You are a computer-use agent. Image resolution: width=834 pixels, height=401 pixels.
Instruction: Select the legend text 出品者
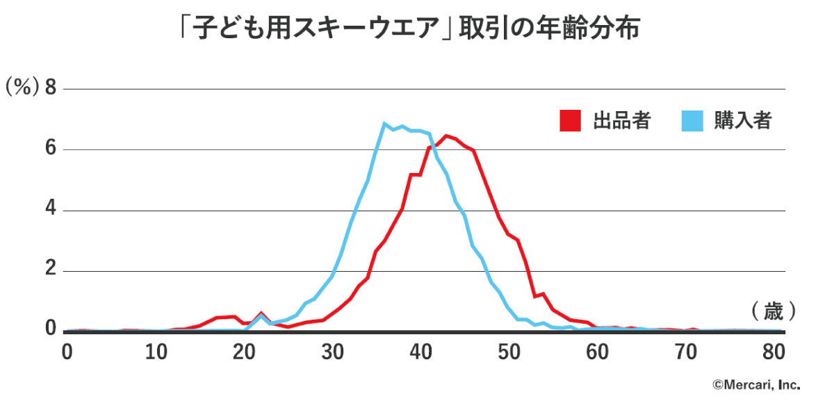(x=621, y=120)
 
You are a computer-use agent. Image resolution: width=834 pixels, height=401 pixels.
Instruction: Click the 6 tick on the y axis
(x=50, y=149)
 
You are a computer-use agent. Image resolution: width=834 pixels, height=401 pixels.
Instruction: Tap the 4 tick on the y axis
(x=50, y=210)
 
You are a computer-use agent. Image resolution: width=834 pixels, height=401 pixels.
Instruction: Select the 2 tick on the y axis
(x=50, y=271)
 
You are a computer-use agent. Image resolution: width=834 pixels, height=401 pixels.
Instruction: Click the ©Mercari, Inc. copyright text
(x=755, y=384)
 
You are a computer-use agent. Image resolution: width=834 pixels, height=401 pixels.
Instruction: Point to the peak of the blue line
(x=384, y=124)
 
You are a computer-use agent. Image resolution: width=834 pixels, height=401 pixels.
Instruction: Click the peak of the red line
(x=446, y=136)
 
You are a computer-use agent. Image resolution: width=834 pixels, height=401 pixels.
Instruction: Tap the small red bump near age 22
(x=261, y=313)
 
